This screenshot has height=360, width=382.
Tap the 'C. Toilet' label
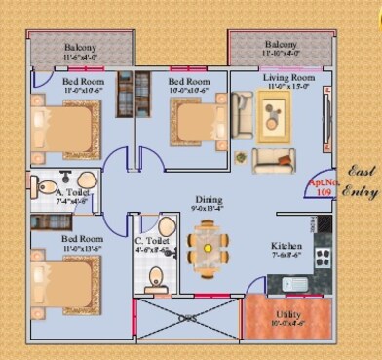coord(151,240)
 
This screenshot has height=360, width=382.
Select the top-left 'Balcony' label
coord(80,48)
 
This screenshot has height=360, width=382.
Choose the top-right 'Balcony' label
coord(280,45)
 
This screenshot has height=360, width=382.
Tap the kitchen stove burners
coord(323,260)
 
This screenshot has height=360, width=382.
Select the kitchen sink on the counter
coord(297,284)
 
